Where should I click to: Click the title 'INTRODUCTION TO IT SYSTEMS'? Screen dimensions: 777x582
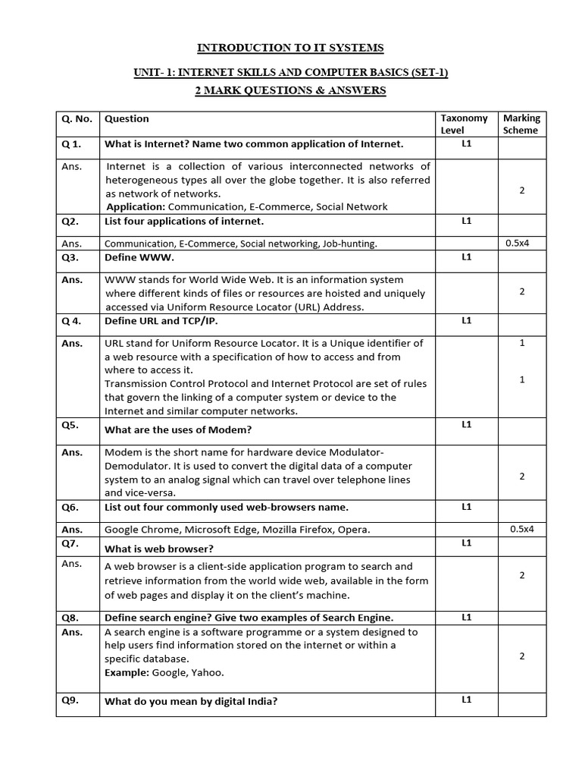290,48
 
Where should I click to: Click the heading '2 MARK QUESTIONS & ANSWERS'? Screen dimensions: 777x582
290,90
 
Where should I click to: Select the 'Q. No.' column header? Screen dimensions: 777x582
76,119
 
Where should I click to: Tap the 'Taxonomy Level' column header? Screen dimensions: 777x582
465,124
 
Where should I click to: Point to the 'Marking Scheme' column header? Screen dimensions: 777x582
521,124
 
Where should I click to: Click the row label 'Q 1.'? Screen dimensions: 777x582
71,144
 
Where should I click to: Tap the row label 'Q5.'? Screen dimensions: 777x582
70,425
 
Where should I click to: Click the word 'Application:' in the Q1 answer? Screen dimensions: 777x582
136,206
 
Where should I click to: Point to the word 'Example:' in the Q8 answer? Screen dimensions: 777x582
127,672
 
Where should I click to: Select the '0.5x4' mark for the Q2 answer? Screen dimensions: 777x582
520,243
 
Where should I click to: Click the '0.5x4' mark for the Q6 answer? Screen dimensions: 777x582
521,529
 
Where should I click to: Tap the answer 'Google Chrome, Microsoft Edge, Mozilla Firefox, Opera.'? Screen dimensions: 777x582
237,530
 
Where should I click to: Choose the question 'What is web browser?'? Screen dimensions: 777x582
158,549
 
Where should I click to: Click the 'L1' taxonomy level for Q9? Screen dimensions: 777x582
466,700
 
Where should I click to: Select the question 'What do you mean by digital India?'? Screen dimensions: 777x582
190,701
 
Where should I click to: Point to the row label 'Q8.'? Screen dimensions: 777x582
70,618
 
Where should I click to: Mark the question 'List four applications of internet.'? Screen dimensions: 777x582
184,222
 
